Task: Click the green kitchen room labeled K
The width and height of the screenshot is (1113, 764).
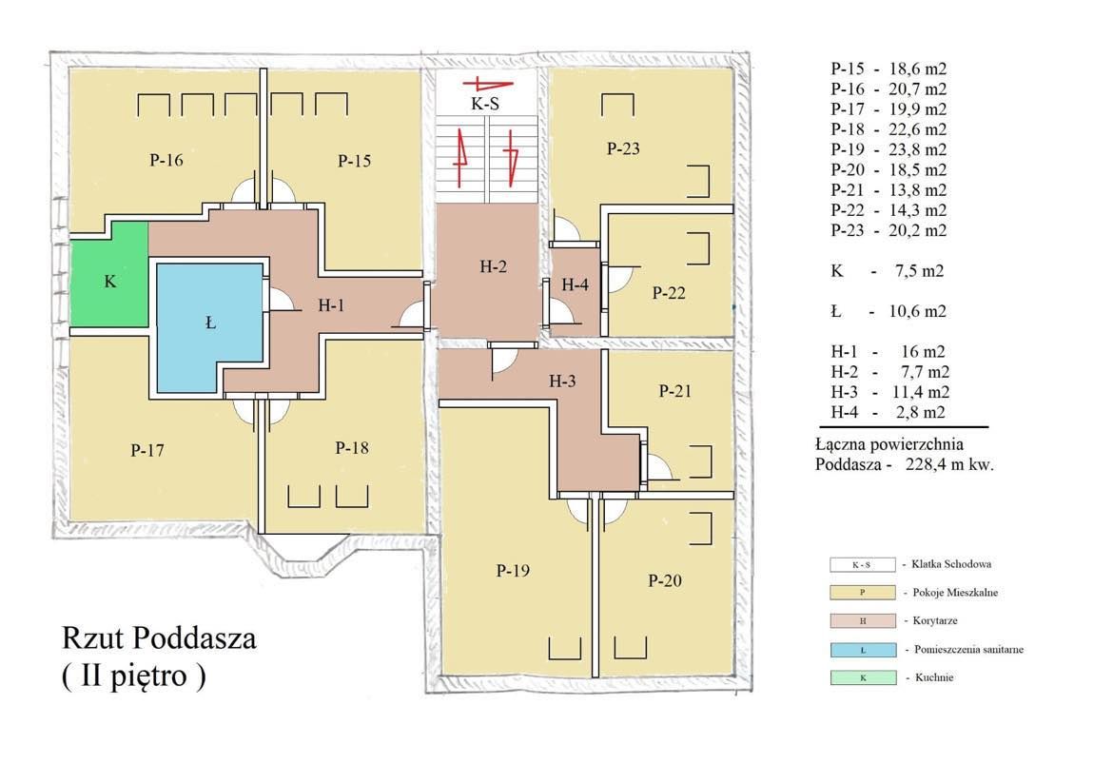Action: pos(109,281)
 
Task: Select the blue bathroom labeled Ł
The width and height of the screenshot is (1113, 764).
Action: pos(210,323)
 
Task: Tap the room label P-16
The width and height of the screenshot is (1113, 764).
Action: pos(166,161)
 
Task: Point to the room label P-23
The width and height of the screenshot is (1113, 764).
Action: pos(623,148)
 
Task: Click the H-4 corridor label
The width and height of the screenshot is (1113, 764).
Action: pos(576,284)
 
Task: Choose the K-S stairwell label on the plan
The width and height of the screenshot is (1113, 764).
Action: pos(485,105)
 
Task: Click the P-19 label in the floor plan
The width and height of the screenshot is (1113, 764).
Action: pos(513,571)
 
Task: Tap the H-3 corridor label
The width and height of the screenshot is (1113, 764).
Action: pos(563,381)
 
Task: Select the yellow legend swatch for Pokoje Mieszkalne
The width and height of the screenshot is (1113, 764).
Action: pos(862,593)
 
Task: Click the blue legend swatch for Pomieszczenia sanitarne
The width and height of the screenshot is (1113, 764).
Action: pos(862,650)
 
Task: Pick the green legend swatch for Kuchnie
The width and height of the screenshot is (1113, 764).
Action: pos(862,678)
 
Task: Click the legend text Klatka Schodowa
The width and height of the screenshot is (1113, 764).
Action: pos(952,564)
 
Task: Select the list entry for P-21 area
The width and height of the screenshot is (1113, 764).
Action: pos(888,190)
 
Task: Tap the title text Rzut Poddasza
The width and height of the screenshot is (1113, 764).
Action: pos(159,638)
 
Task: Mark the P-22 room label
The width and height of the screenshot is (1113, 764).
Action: pos(669,293)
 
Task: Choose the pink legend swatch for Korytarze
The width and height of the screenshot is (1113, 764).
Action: pos(862,621)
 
